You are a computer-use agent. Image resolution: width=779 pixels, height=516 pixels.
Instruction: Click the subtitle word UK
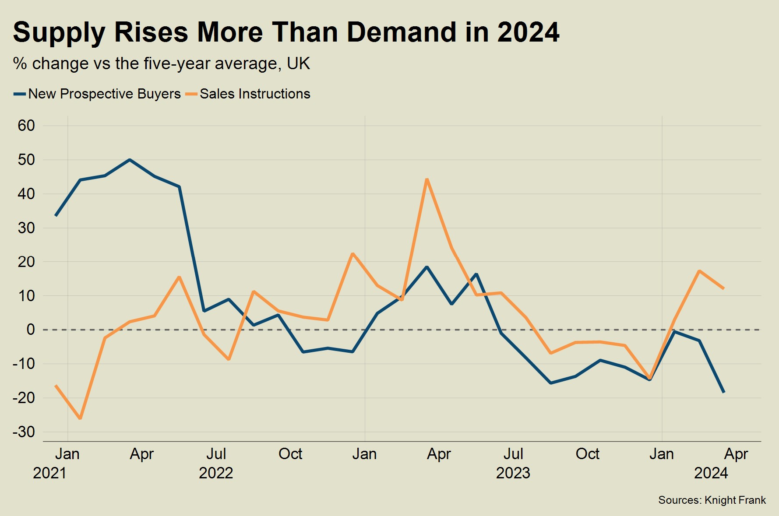[298, 64]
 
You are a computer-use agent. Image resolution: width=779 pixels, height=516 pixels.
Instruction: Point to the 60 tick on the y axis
[26, 126]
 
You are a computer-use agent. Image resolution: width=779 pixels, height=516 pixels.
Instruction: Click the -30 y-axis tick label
[24, 432]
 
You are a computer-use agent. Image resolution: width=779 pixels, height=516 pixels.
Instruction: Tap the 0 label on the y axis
[30, 330]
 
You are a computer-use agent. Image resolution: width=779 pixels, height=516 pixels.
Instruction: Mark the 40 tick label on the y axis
[26, 194]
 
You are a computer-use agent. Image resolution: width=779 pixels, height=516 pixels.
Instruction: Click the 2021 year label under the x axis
[49, 473]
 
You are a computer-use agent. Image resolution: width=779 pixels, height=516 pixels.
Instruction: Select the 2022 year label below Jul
[216, 473]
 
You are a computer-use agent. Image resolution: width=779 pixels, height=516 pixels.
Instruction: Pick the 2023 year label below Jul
[513, 473]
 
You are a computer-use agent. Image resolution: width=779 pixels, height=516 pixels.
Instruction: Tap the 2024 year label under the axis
[711, 473]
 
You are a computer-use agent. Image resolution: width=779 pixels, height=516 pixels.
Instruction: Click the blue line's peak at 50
[130, 160]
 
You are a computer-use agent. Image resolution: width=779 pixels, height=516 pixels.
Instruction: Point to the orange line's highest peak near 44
[427, 179]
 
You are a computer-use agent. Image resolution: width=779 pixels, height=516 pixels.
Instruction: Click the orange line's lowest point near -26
[80, 418]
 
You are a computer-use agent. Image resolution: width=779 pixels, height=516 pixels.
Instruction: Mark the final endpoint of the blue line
[723, 392]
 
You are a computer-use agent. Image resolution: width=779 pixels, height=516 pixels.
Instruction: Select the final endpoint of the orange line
[723, 288]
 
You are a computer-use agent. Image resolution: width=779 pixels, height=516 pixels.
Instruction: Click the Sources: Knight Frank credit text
[712, 500]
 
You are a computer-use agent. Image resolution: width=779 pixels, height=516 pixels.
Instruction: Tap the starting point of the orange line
[56, 386]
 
